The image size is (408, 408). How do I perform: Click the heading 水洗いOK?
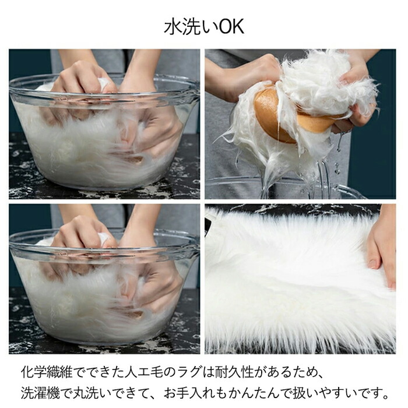(x=204, y=26)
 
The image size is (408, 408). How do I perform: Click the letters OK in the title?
(x=231, y=26)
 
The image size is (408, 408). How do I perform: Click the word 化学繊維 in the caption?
(x=46, y=372)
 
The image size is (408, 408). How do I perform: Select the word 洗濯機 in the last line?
(x=40, y=393)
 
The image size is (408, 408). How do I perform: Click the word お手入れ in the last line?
(x=189, y=393)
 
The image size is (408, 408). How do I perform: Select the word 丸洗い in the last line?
(x=93, y=393)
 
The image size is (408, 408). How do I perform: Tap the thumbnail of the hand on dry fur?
(x=300, y=279)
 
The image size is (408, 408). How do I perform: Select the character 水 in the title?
(x=173, y=26)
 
